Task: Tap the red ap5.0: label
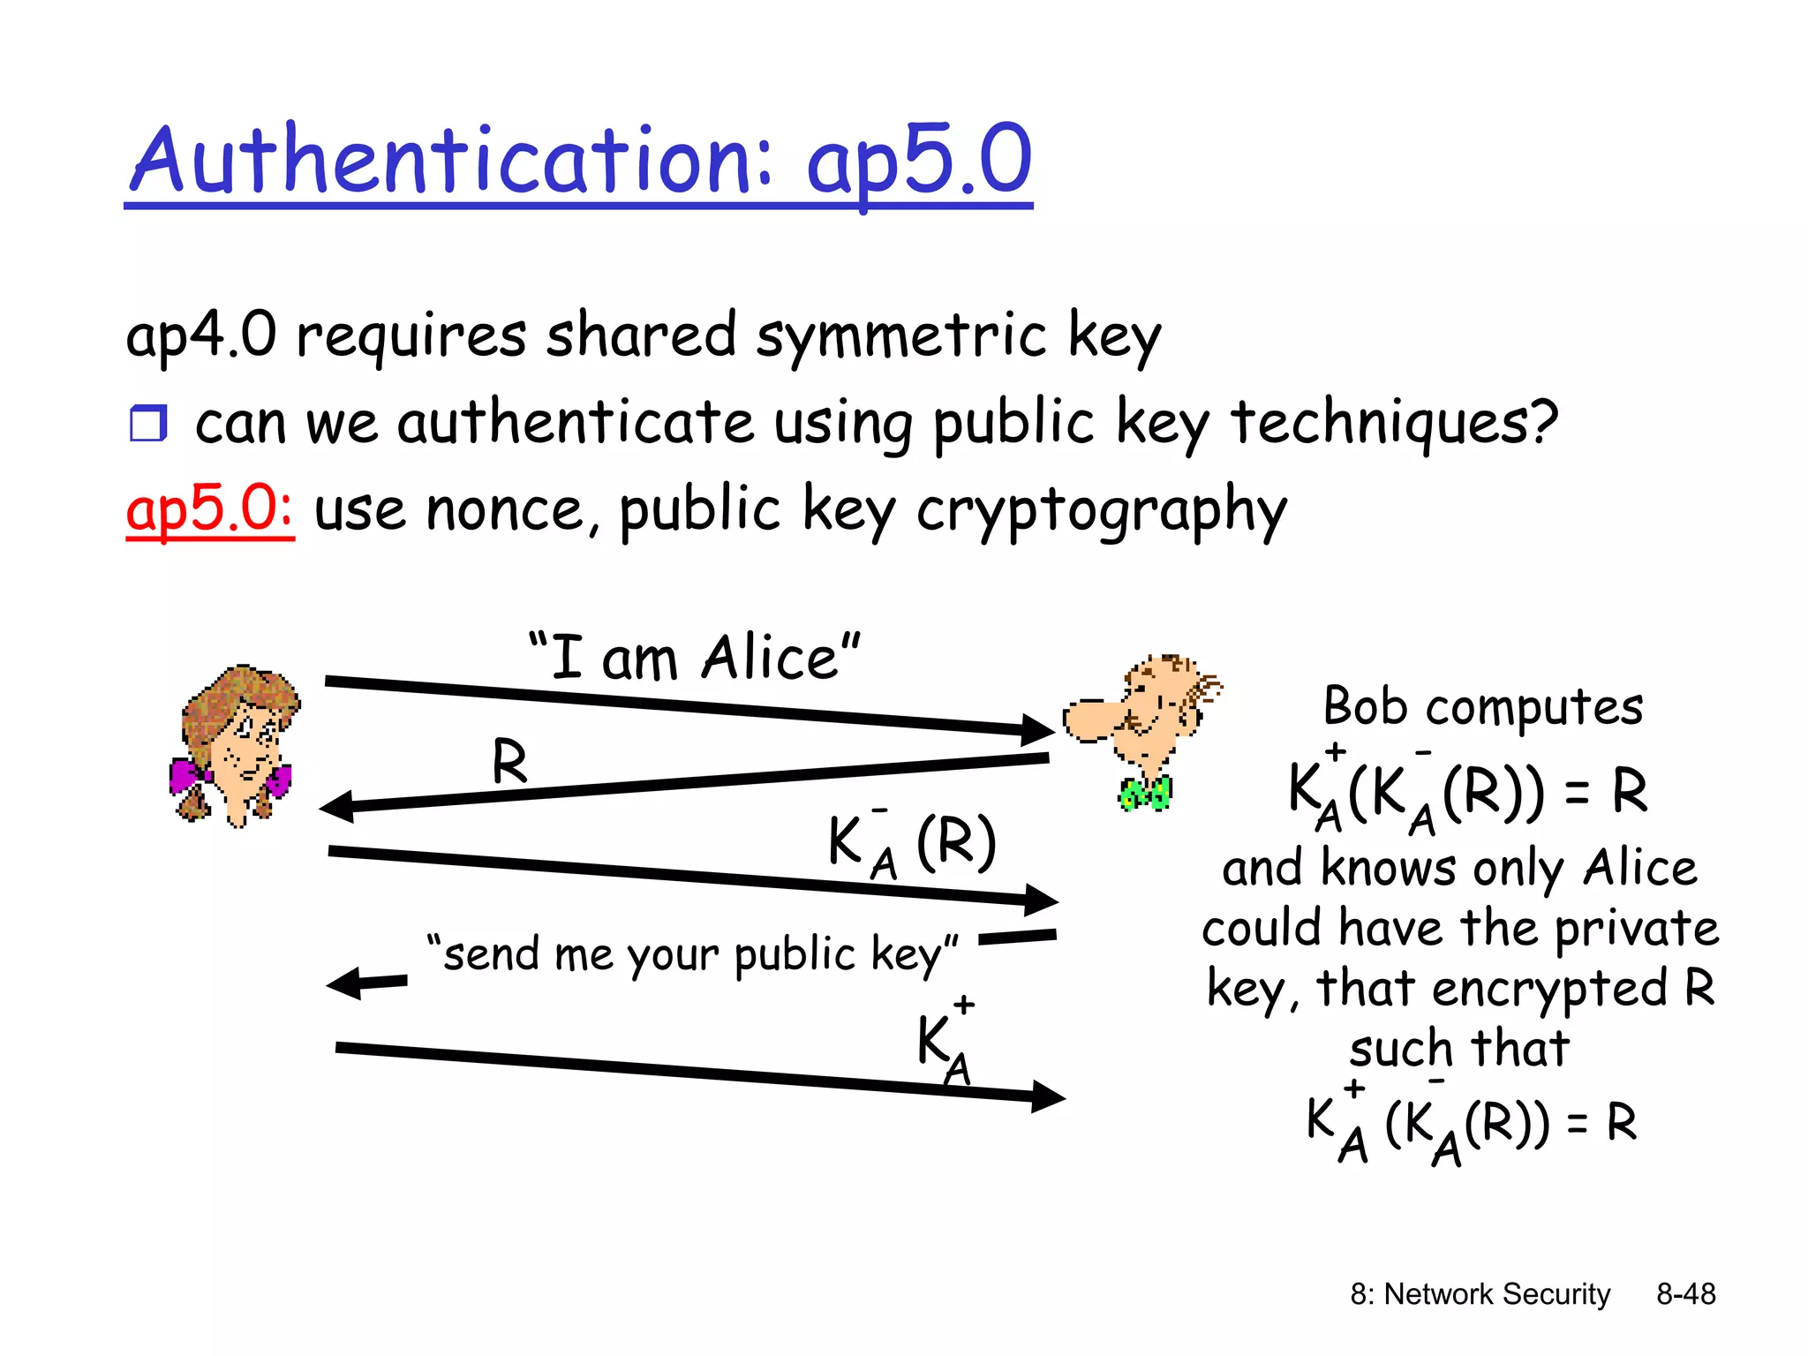click(210, 509)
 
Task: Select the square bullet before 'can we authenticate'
click(148, 424)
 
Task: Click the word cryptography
click(1101, 511)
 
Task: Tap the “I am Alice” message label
click(694, 658)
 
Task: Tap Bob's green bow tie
click(1145, 793)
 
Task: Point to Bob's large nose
click(1088, 719)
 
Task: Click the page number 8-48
click(1685, 1294)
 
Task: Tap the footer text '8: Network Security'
click(1480, 1294)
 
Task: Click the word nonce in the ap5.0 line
click(504, 511)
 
